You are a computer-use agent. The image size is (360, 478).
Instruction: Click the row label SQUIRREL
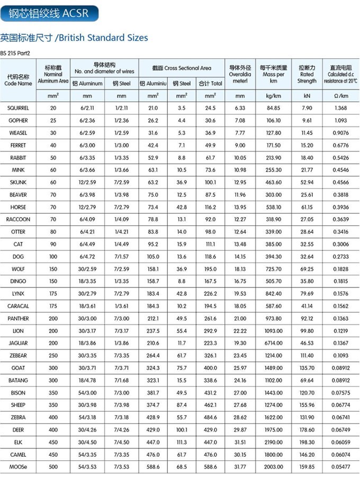click(x=18, y=108)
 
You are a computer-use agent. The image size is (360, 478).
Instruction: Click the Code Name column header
click(x=18, y=80)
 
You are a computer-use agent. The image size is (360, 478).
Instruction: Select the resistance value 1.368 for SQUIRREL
click(x=340, y=108)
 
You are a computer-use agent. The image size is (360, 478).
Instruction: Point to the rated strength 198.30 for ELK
click(x=307, y=442)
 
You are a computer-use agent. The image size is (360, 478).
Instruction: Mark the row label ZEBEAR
click(x=18, y=355)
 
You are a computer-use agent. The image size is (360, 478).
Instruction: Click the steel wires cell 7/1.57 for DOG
click(x=121, y=256)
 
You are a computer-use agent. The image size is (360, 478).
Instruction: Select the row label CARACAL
click(x=18, y=306)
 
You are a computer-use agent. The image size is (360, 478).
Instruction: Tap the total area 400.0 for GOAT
click(x=210, y=367)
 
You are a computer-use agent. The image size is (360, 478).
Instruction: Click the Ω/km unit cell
click(x=340, y=96)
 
